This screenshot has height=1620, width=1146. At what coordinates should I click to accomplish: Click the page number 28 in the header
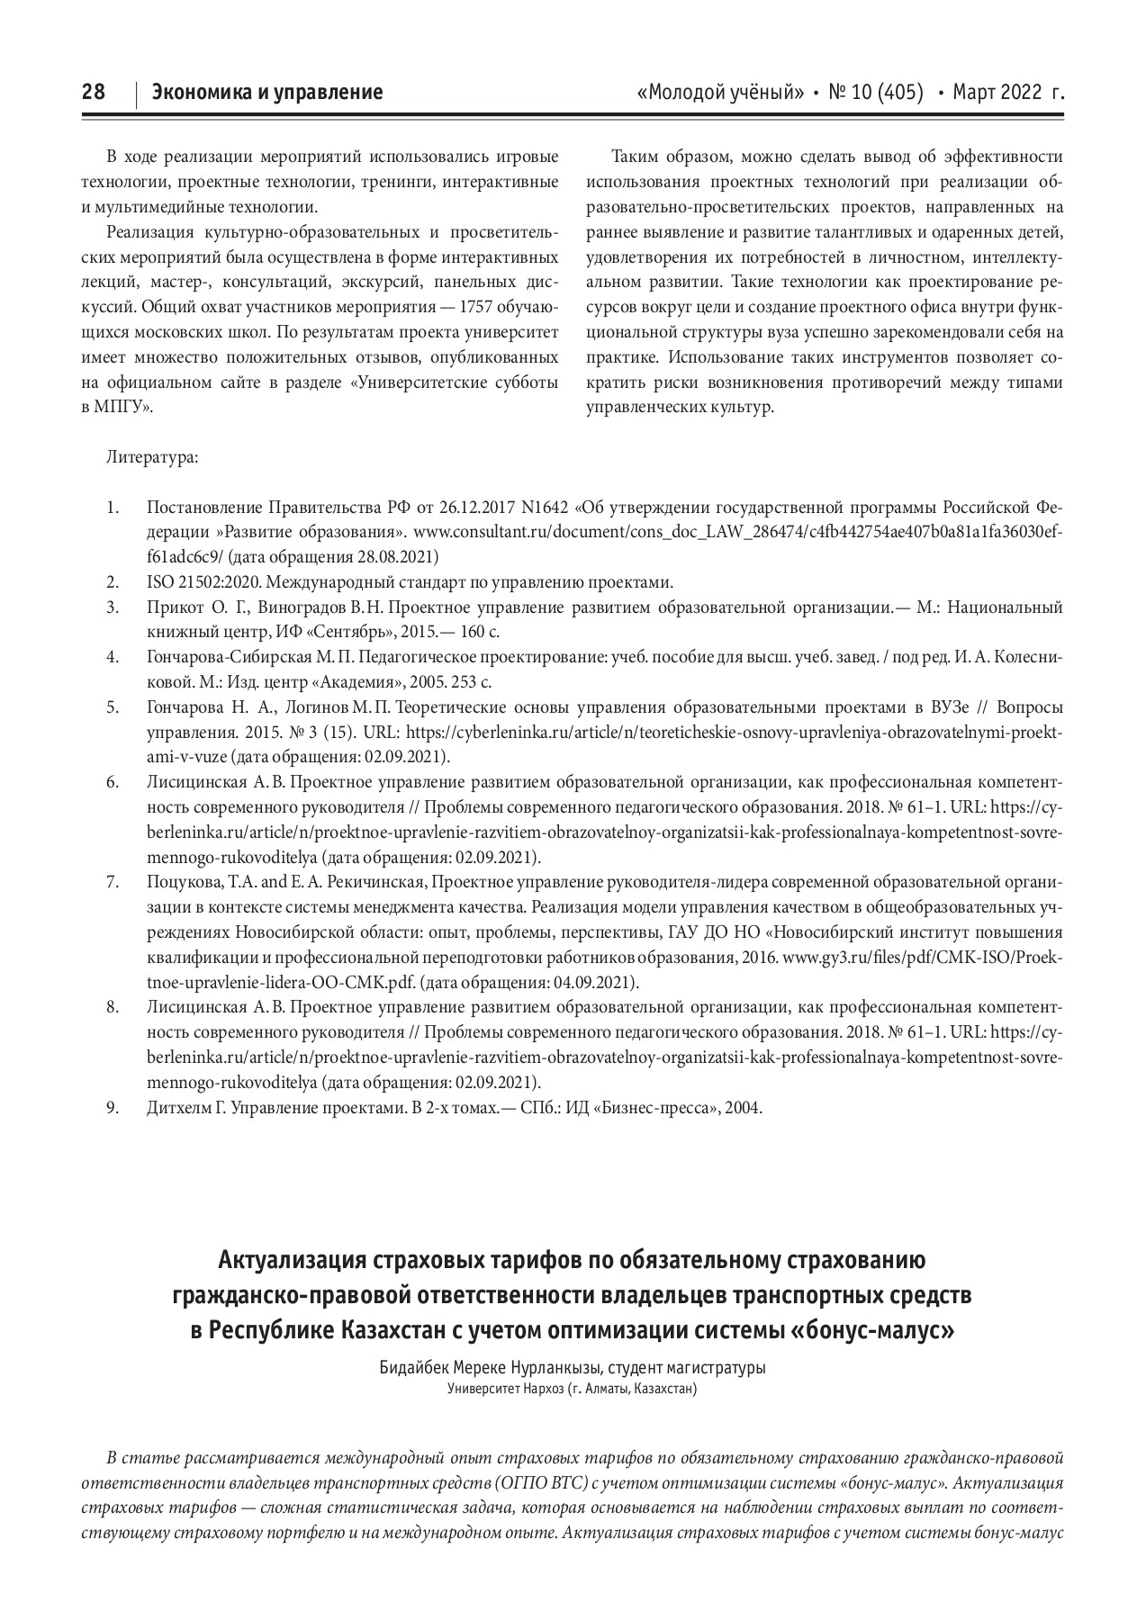94,92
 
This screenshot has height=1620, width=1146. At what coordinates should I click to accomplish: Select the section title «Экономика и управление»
266,92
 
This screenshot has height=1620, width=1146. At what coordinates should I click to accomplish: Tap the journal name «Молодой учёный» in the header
719,92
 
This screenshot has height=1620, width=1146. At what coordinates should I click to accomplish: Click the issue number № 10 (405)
875,92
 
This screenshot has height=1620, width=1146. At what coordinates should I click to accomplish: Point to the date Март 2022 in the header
998,92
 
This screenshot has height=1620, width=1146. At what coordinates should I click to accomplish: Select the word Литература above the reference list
152,457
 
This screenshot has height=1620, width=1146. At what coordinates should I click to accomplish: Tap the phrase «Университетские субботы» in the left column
452,382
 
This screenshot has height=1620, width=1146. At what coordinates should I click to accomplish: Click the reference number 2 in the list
113,581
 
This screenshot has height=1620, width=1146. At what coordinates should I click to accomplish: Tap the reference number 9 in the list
113,1107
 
